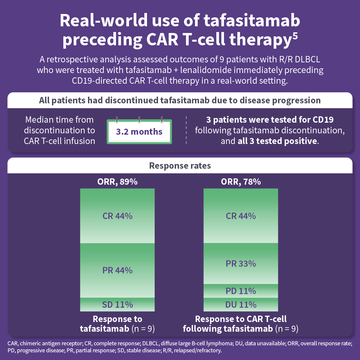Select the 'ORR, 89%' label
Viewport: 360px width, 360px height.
pos(117,182)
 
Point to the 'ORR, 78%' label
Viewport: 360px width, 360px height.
pos(241,182)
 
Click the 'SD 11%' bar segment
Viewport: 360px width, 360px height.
pos(117,304)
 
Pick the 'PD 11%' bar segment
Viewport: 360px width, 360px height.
pos(241,291)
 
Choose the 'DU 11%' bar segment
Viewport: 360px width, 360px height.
pos(241,304)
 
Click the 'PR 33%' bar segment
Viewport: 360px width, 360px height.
pos(241,264)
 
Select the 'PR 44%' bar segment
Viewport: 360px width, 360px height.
pos(117,270)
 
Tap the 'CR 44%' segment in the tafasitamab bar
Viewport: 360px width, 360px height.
pos(117,216)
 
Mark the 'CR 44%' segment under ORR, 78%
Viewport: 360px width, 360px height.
pos(241,216)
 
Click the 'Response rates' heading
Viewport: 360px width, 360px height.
pos(180,166)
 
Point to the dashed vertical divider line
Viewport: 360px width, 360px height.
pos(186,130)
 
